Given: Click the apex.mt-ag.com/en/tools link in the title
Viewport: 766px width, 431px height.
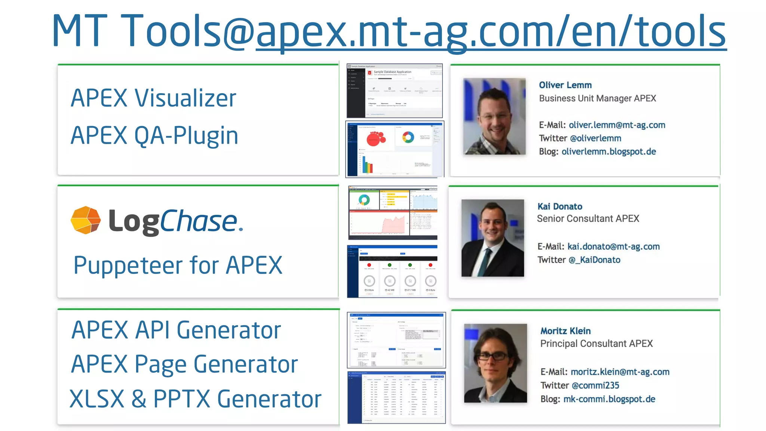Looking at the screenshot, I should (x=491, y=31).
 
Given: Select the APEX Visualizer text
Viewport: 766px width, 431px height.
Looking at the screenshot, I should (x=153, y=98).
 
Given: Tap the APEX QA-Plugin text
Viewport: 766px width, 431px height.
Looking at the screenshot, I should (x=154, y=135).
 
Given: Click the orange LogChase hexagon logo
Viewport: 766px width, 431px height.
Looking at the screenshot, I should (x=86, y=220).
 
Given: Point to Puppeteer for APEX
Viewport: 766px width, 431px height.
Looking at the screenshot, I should (x=178, y=265).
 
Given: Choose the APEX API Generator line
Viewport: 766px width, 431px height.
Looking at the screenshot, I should (x=176, y=330).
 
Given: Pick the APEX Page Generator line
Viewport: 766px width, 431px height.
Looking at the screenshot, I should (x=184, y=364).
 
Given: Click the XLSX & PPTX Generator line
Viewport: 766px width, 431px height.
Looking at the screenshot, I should (x=195, y=399).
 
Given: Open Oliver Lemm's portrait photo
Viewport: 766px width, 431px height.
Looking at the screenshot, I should (x=494, y=116).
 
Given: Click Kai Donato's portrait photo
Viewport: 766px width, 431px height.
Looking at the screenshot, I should (x=493, y=238).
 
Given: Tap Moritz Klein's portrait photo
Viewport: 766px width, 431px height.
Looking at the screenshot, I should (x=495, y=363).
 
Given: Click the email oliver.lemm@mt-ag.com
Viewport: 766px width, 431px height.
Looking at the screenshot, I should (x=617, y=125).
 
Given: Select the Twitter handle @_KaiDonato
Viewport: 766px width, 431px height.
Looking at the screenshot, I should (x=594, y=260).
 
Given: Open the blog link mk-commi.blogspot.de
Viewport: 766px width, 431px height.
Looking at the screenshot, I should (x=609, y=399).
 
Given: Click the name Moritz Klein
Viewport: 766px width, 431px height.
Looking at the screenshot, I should (x=565, y=331).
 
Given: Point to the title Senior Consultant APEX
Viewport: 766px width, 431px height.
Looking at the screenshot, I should (x=588, y=218).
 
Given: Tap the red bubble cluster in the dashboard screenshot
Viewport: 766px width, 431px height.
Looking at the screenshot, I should (x=376, y=138).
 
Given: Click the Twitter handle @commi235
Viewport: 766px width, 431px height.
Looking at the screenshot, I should (x=595, y=385).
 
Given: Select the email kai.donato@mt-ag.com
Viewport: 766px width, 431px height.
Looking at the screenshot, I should (x=613, y=247).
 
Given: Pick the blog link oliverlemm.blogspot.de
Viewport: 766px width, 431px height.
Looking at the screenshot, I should (x=609, y=152).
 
